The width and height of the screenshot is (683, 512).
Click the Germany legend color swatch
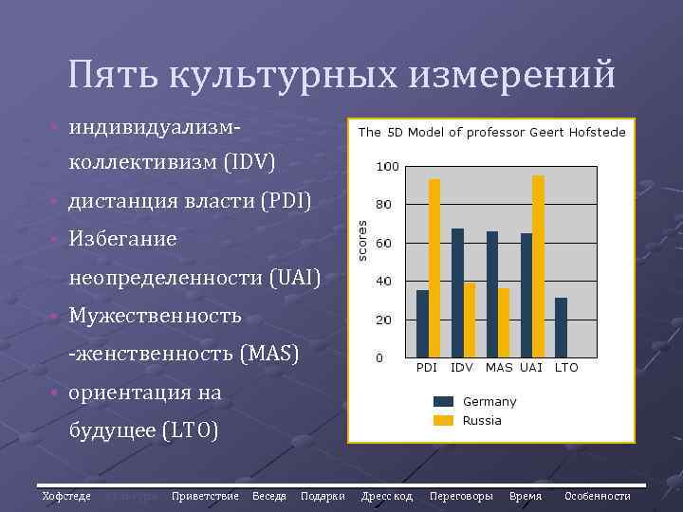tap(444, 401)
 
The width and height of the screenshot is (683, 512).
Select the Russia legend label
tap(482, 420)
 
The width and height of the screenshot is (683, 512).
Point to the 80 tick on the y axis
tap(384, 204)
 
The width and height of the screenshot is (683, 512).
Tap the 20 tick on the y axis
tap(384, 320)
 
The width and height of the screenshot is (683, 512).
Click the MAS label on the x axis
tap(499, 367)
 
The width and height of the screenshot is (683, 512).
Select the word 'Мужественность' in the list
tap(155, 315)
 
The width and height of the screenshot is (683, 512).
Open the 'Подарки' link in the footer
tap(323, 496)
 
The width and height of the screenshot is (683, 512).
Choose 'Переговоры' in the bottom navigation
tap(461, 496)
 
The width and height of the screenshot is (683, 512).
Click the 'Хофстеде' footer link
tap(66, 496)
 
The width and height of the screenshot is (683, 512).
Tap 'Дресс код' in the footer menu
tap(387, 496)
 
